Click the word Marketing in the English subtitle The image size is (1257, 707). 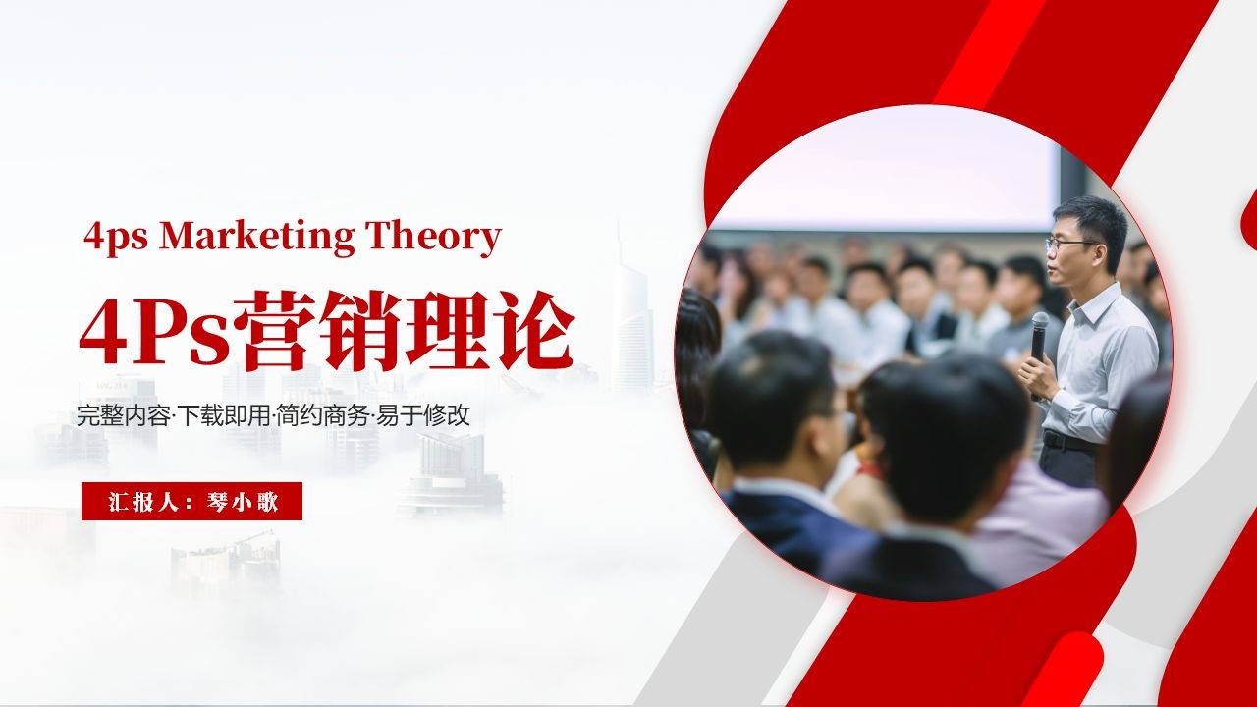coord(256,238)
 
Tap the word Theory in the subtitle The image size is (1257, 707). coord(433,238)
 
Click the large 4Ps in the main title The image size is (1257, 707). coord(155,333)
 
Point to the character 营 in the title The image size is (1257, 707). coord(274,331)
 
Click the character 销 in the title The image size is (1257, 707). coord(360,331)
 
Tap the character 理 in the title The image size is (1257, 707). coord(446,331)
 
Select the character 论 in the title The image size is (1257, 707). coord(532,331)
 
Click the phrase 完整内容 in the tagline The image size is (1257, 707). coord(123,415)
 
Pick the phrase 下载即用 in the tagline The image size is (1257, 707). coord(223,415)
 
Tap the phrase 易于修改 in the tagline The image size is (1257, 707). coord(422,415)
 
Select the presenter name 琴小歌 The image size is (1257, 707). coord(242,502)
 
